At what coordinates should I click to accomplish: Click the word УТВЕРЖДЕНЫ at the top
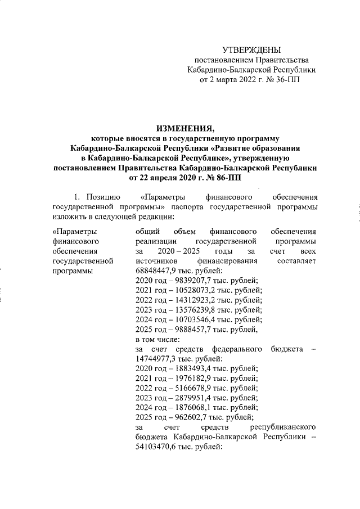(251, 50)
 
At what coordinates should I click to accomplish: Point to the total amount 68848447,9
(158, 271)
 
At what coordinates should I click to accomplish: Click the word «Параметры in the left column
(73, 231)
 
